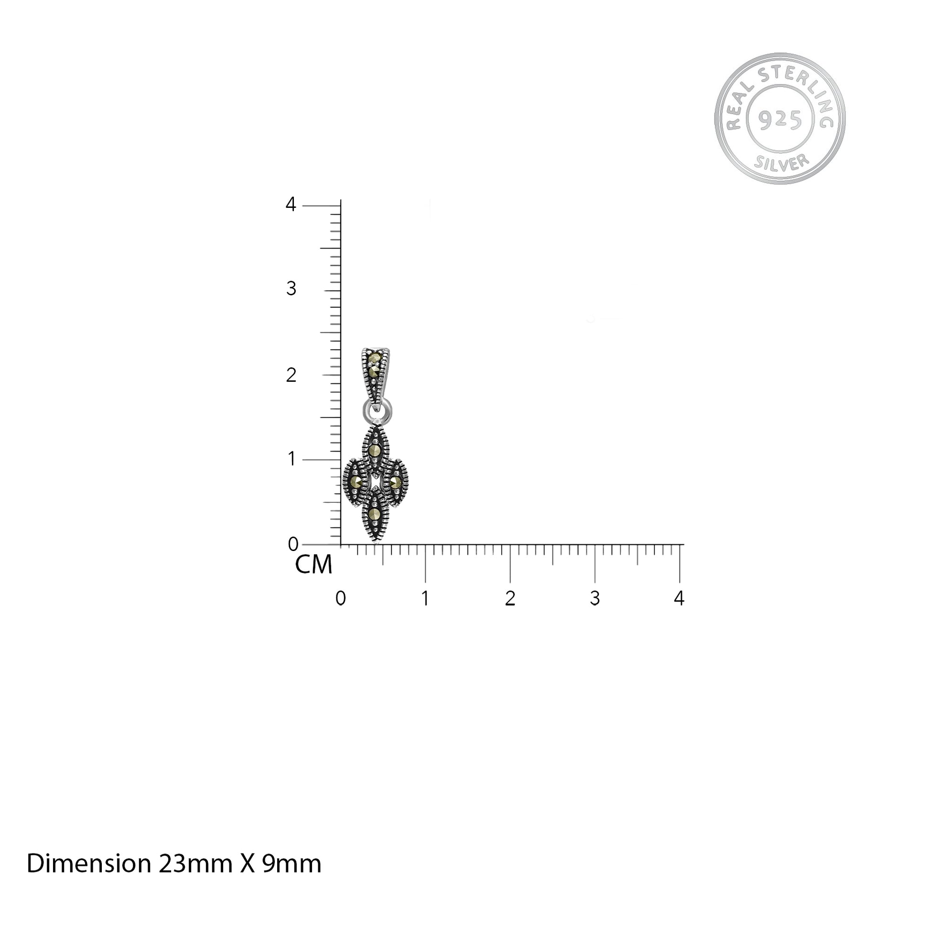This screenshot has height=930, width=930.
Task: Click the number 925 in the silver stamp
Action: point(780,119)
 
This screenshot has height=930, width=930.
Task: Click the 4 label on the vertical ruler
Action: point(291,205)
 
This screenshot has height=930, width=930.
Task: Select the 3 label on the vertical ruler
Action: point(291,289)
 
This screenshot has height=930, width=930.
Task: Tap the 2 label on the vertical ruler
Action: point(291,375)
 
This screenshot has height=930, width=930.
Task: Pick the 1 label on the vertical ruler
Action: point(291,459)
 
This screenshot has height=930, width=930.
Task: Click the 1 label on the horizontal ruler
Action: point(425,598)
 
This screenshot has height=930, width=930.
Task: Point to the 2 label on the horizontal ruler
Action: point(510,598)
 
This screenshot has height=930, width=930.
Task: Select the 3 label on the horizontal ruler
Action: point(595,598)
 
